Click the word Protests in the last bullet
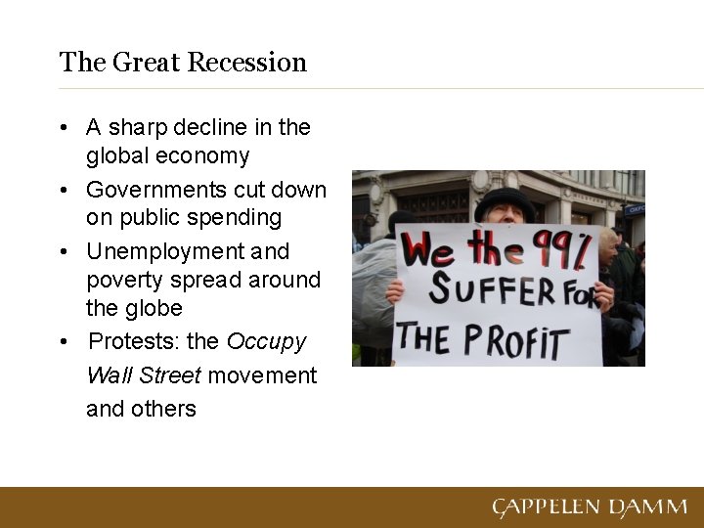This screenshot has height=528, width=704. click(131, 341)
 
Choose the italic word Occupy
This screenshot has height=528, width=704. click(266, 341)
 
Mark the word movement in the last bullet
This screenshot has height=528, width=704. click(262, 375)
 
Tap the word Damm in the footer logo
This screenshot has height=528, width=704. click(647, 507)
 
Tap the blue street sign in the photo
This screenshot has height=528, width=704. click(635, 209)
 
